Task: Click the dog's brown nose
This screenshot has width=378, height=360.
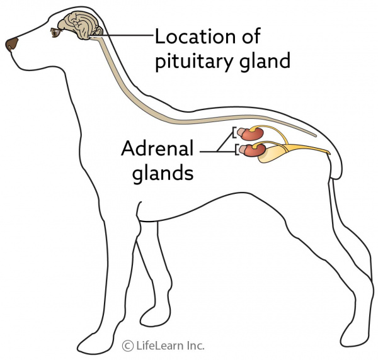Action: tap(12, 44)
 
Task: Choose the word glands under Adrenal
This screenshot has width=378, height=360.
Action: tap(162, 172)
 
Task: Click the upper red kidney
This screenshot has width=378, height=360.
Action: tap(253, 133)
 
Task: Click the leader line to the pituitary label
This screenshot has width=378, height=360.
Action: tap(126, 35)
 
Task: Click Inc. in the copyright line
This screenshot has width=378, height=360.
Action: tap(196, 346)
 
